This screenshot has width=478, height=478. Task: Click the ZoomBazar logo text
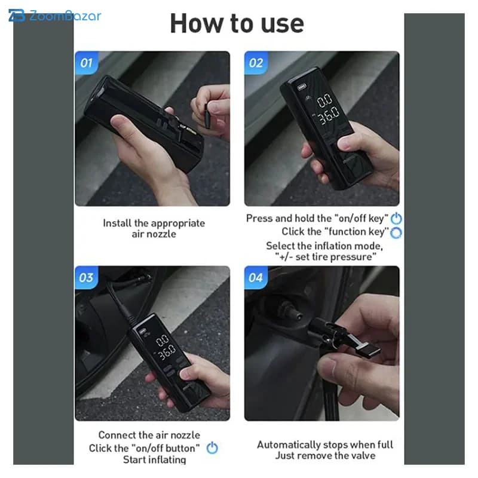pos(65,16)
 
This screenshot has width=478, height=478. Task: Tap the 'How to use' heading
pos(237,23)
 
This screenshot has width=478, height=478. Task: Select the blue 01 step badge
pos(86,63)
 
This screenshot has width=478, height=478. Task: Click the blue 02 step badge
pos(256,63)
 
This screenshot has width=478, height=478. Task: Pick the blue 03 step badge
pos(86,277)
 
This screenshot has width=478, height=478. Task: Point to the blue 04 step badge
pos(256,277)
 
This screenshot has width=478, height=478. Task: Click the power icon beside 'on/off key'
pos(396,218)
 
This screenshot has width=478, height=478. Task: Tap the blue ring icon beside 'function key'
pos(396,232)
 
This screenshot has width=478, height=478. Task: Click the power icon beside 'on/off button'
pos(212,448)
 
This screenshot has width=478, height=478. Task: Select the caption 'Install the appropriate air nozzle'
pos(154,228)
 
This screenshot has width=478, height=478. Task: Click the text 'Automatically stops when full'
pos(325,445)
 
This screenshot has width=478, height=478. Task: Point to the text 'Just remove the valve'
pos(325,455)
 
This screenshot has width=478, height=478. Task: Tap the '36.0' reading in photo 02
pos(329,115)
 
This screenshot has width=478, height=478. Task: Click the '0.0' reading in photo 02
pos(324,100)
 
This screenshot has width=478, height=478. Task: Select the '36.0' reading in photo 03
pos(167,352)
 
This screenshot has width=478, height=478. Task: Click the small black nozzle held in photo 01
pos(207,116)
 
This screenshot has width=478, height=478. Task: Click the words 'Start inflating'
pos(155,459)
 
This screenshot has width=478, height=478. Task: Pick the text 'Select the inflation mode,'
pos(324,246)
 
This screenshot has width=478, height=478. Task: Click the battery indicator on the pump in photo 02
pos(302,87)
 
